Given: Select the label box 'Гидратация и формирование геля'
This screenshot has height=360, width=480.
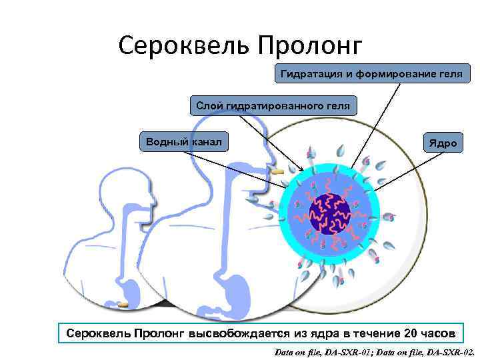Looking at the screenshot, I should pyautogui.click(x=372, y=73).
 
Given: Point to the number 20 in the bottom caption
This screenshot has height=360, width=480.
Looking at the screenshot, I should pyautogui.click(x=411, y=333).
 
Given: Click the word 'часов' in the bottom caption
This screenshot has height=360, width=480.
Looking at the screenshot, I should pyautogui.click(x=439, y=333).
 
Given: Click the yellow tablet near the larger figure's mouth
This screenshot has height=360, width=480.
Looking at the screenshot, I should pyautogui.click(x=278, y=172).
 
